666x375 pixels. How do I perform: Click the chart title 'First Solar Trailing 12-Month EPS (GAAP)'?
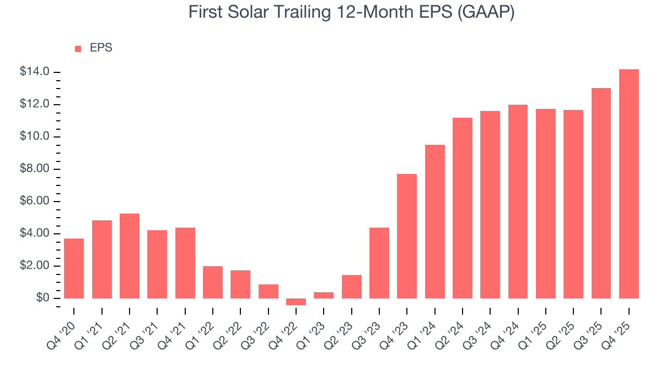351,12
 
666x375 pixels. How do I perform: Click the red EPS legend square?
78,48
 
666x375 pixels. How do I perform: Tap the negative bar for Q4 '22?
296,302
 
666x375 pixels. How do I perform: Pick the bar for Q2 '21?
130,256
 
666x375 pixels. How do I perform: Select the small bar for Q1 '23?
324,295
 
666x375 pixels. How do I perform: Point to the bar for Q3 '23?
379,263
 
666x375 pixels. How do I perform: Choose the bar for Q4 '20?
74,268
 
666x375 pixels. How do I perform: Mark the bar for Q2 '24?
463,208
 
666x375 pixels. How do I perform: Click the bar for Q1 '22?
213,282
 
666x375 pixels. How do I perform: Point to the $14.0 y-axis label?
34,72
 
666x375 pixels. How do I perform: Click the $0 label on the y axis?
42,298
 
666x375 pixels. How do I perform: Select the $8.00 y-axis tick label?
34,169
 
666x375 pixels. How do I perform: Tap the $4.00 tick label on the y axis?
34,234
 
